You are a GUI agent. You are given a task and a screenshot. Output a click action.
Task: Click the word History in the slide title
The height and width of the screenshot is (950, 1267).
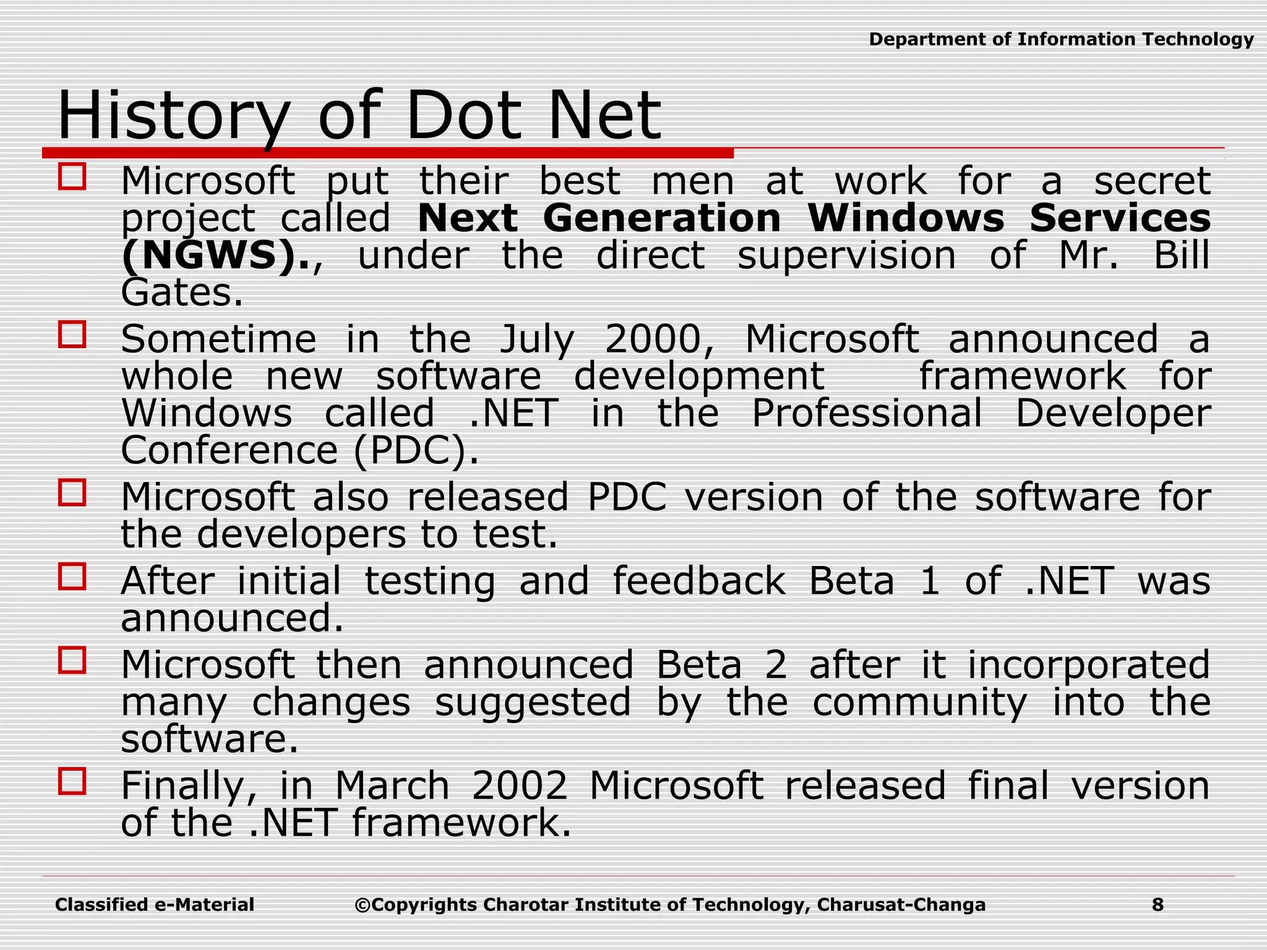(173, 116)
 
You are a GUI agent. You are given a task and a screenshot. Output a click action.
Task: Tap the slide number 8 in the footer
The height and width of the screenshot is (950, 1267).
(1157, 905)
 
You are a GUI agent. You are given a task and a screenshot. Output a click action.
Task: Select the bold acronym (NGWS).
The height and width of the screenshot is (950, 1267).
(215, 256)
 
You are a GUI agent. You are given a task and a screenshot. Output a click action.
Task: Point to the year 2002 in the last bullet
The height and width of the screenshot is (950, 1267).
(520, 785)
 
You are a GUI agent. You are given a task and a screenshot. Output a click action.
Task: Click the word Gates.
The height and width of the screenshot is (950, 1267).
(181, 293)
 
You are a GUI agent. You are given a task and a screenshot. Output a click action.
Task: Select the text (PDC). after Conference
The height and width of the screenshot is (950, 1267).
(416, 451)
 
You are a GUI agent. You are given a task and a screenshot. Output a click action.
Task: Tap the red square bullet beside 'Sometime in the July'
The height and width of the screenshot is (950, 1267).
(72, 334)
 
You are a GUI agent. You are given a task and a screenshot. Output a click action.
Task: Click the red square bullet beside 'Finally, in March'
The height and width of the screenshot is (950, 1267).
(72, 781)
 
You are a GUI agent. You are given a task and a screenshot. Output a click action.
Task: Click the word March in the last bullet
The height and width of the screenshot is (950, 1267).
(392, 785)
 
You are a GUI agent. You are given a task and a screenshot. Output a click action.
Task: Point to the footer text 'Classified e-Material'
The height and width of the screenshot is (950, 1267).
(155, 905)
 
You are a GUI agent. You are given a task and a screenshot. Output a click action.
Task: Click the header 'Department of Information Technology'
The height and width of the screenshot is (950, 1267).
(1061, 40)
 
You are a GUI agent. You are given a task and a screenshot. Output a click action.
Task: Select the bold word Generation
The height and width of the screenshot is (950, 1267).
(662, 218)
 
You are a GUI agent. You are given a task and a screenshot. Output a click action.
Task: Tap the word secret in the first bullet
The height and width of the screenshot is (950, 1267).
(1152, 181)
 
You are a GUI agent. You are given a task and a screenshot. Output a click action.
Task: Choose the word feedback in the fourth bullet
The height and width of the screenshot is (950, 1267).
(699, 581)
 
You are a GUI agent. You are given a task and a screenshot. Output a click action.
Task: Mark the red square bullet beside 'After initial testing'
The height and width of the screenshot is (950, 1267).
(72, 576)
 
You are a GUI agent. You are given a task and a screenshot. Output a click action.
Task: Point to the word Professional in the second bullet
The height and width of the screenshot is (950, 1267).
(867, 413)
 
